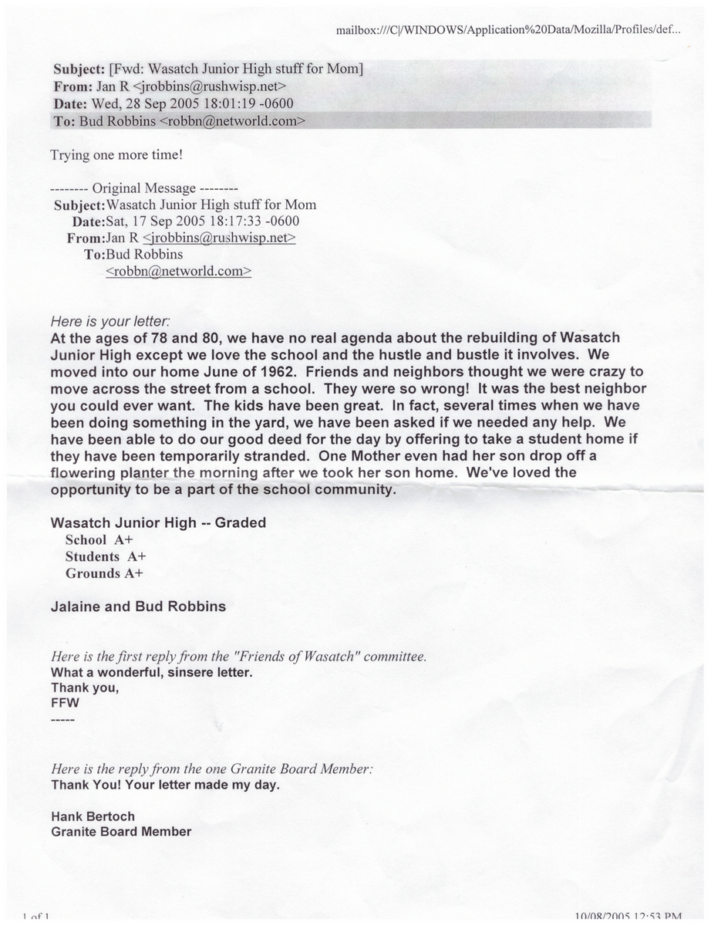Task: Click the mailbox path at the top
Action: tap(508, 30)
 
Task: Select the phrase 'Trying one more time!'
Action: tap(116, 154)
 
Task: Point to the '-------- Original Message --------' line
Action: tap(143, 188)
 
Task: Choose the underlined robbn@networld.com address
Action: tap(178, 271)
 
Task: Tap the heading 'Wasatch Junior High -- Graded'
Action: tap(158, 522)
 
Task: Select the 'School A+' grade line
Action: tap(100, 540)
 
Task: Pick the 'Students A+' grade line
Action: tap(106, 556)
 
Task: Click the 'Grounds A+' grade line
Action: tap(104, 573)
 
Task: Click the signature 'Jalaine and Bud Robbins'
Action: tap(138, 607)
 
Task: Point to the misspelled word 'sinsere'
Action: tap(197, 673)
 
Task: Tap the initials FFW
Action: tap(64, 704)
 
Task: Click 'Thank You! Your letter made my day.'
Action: tap(165, 786)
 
